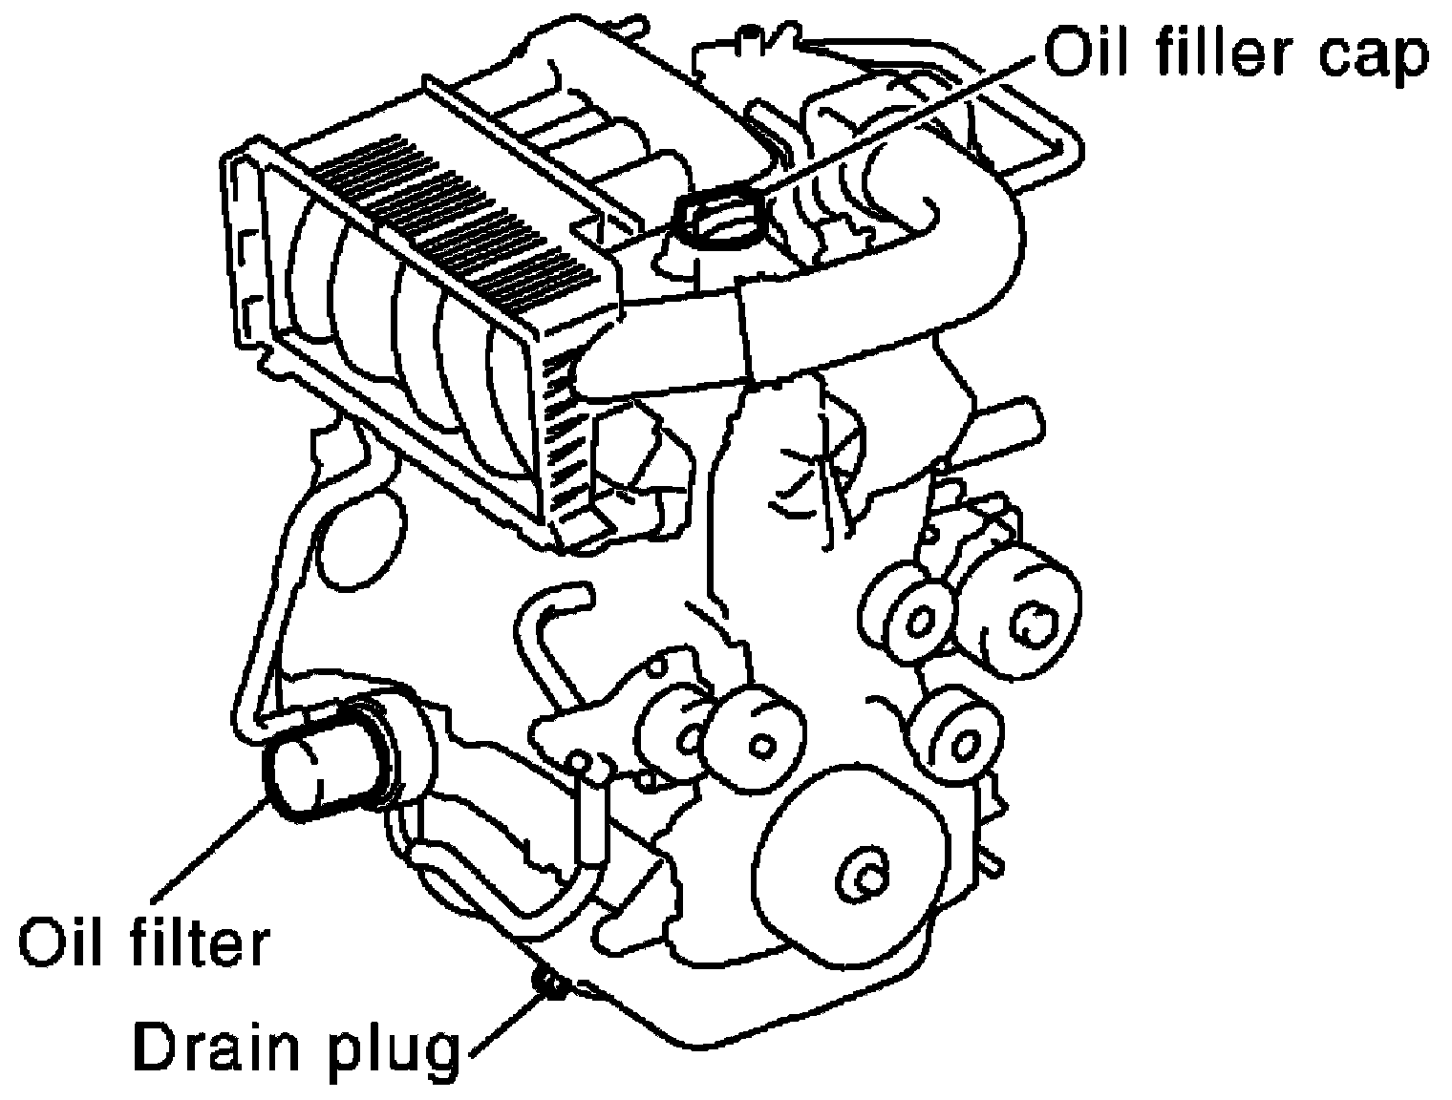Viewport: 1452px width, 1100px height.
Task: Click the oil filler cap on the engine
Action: pyautogui.click(x=719, y=218)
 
